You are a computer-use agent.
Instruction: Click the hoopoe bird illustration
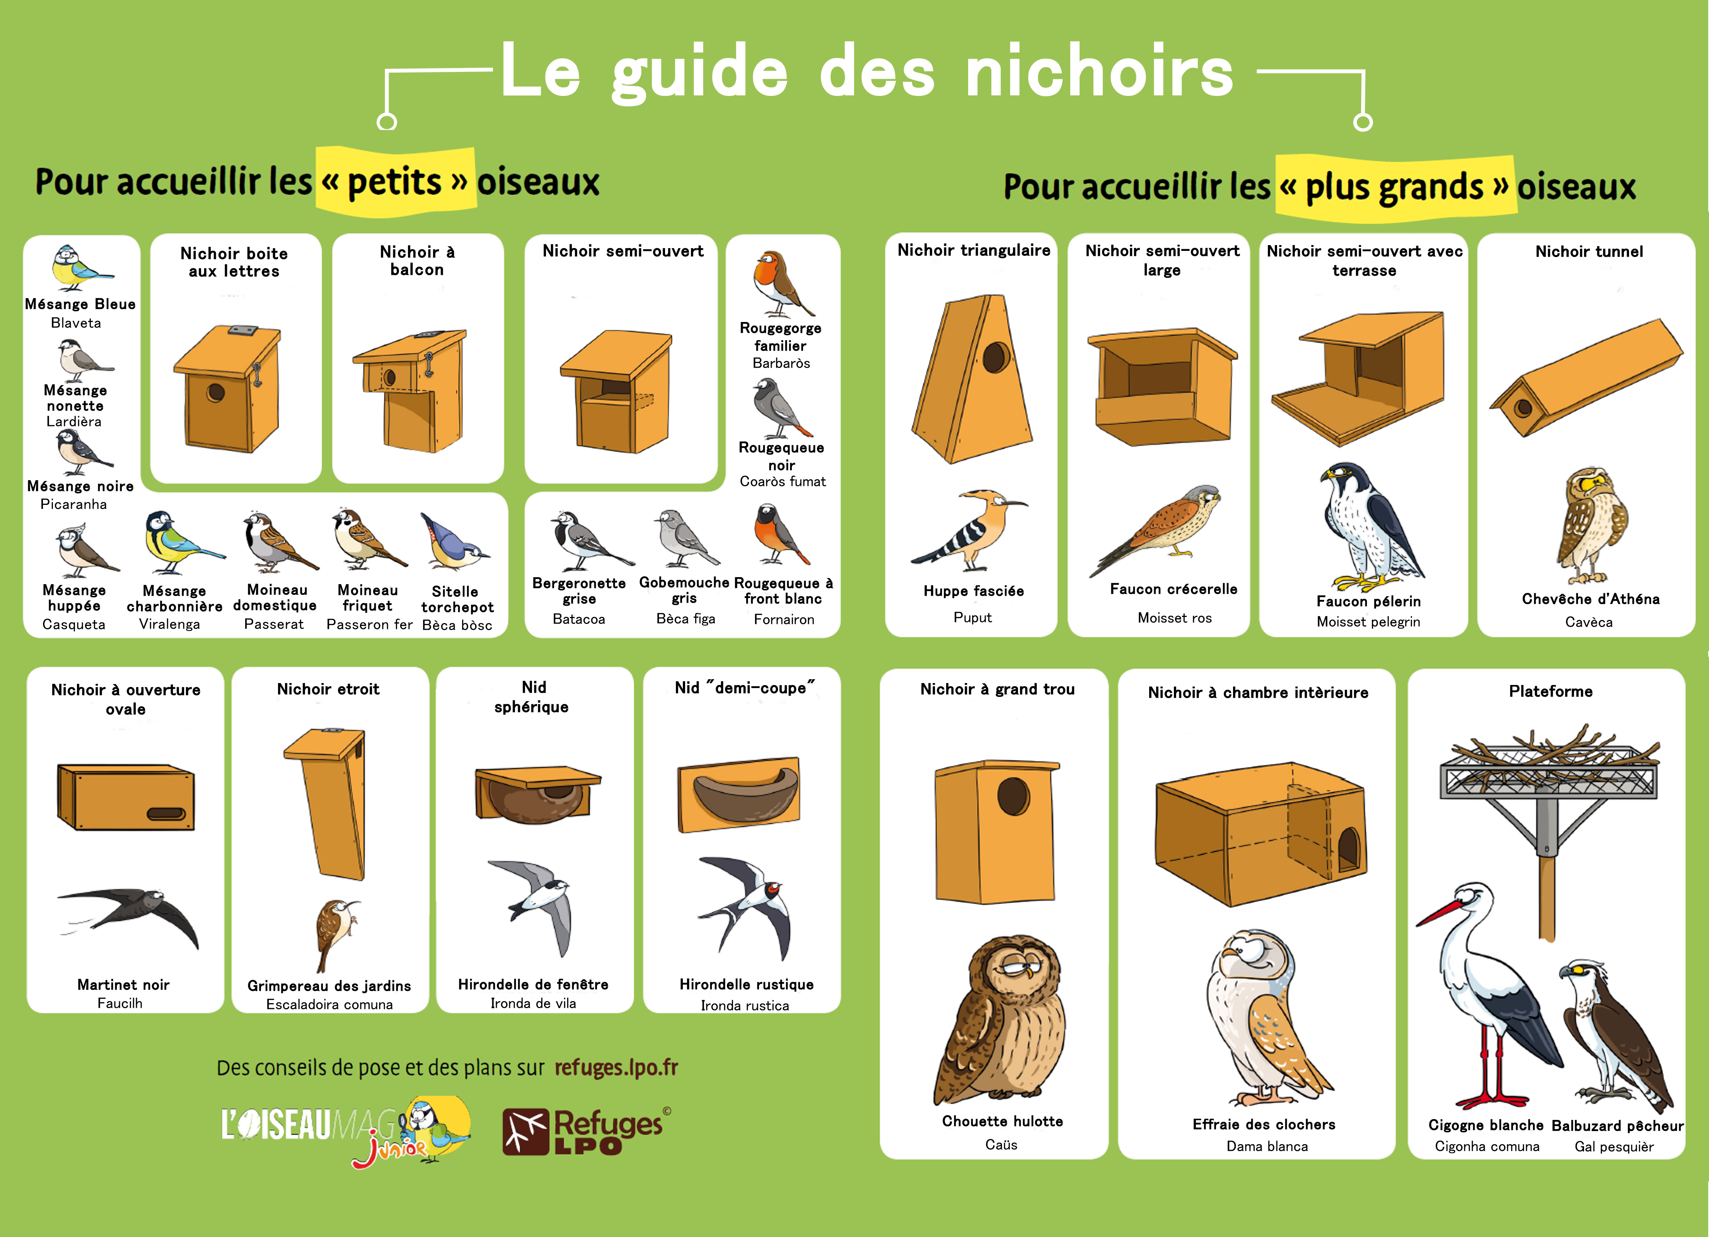tap(968, 530)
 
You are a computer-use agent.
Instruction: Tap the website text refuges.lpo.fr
tap(616, 1068)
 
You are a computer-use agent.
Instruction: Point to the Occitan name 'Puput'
tap(973, 618)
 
